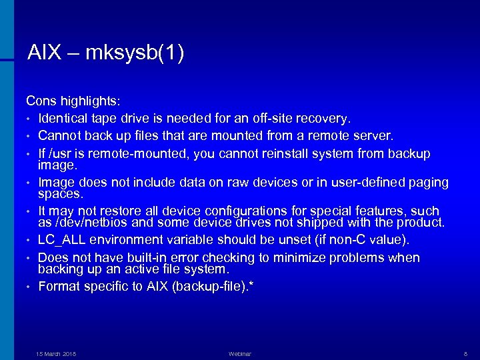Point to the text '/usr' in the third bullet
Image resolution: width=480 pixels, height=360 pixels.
tap(62, 154)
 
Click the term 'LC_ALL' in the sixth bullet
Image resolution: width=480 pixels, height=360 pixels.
tap(61, 239)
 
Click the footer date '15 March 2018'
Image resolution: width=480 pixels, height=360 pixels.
tap(56, 354)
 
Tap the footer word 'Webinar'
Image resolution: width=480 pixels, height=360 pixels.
tap(240, 354)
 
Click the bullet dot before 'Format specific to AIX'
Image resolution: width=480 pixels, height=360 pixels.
tap(29, 287)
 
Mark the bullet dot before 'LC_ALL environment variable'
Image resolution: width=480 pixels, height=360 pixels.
tap(29, 240)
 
